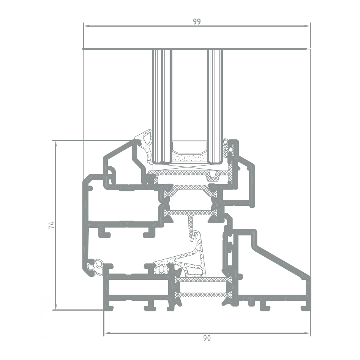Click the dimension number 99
[x=197, y=21]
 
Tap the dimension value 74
[x=52, y=225]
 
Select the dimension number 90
[x=207, y=338]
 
